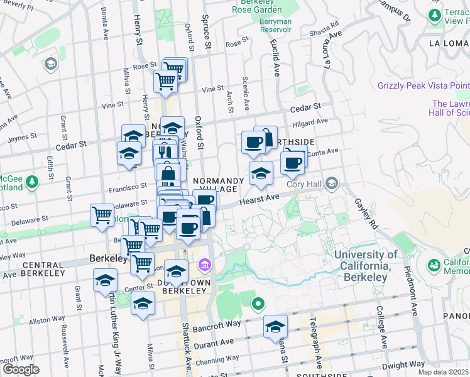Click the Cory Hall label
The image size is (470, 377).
coord(304,184)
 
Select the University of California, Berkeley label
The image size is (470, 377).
coord(366,261)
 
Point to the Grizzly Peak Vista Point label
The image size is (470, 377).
coord(424,85)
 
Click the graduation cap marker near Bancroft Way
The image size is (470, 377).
coord(275,327)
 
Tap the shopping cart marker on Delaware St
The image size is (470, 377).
coord(102,215)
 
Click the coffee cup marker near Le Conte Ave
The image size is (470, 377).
coord(292,162)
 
